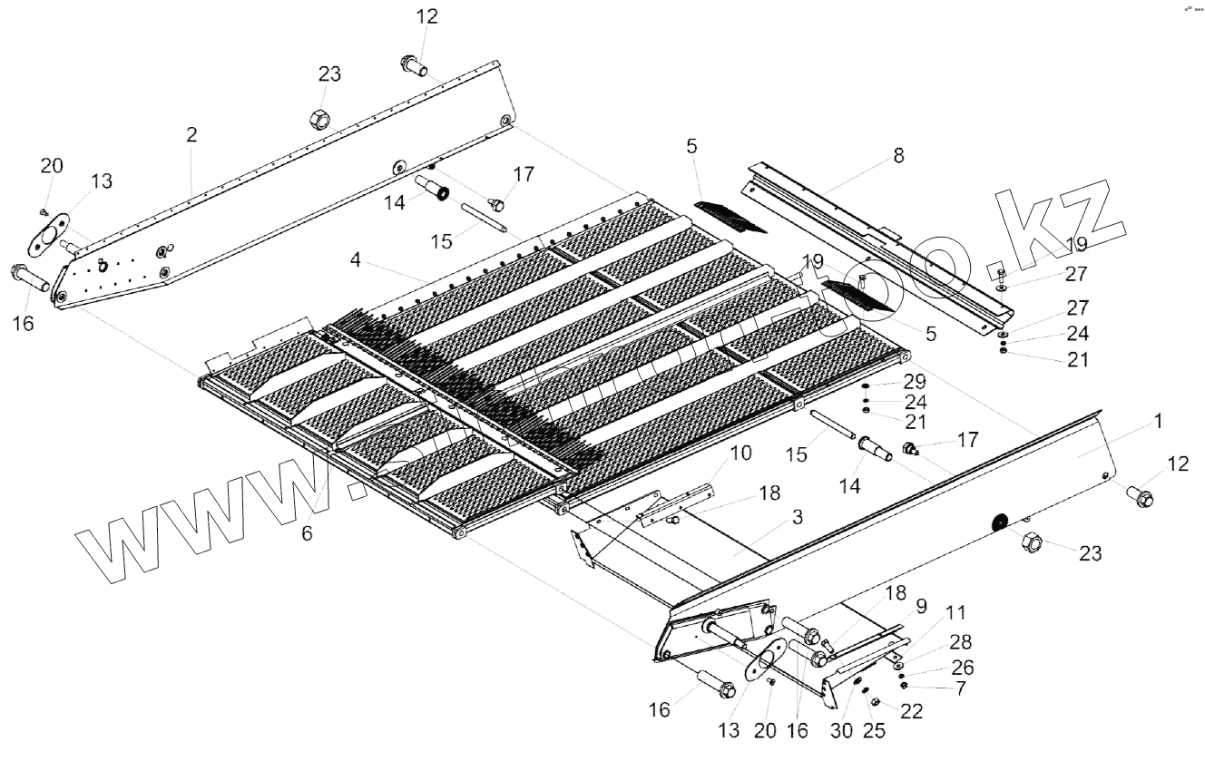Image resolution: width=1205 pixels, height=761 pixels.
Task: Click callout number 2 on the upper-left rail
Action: (191, 135)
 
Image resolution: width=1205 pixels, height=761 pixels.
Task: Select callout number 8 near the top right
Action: (898, 155)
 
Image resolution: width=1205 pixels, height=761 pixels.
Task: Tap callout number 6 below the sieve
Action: (307, 534)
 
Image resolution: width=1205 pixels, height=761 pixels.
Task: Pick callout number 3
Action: (797, 518)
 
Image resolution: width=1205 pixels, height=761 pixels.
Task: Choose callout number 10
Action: (742, 452)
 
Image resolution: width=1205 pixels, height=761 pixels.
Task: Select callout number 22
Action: (911, 711)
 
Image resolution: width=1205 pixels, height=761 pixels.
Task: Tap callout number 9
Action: (921, 605)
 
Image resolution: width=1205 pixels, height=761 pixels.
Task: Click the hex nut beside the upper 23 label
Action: (320, 119)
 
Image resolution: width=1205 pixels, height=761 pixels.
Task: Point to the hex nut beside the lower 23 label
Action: (1032, 544)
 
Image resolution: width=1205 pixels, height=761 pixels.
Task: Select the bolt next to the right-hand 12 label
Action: (1139, 497)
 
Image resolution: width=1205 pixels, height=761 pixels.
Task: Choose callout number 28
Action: (961, 643)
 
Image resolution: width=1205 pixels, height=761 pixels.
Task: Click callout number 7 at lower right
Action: (960, 688)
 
